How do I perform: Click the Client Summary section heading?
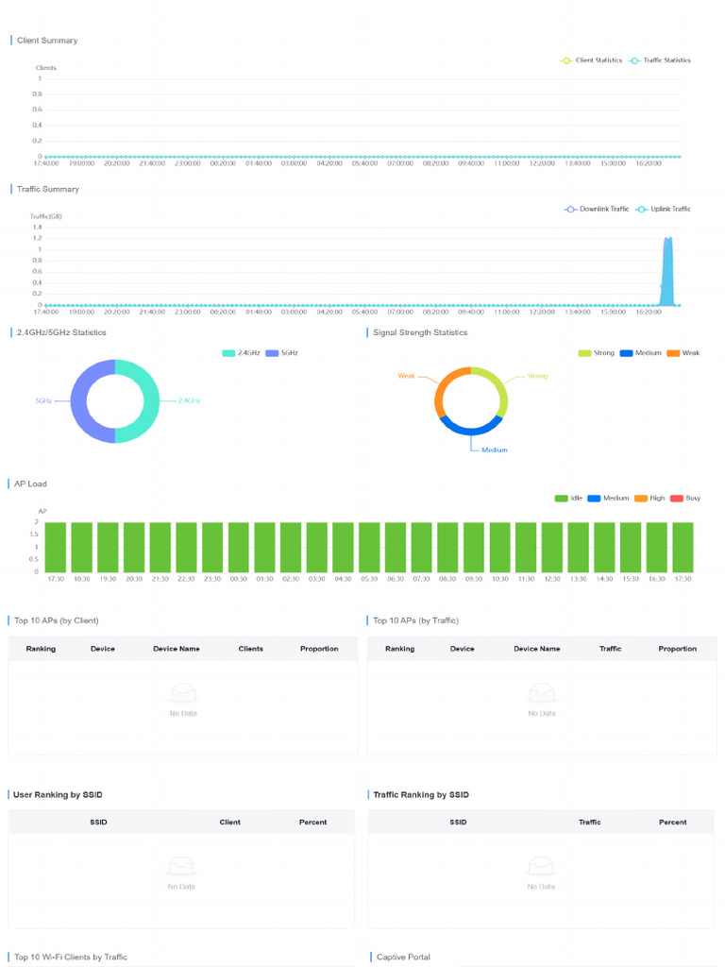[47, 41]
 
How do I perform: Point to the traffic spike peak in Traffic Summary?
[668, 239]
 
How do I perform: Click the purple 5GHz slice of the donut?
[79, 401]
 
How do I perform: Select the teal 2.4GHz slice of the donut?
[150, 401]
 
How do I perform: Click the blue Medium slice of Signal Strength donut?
[470, 429]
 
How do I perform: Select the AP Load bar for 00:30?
[239, 547]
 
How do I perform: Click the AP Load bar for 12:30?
[552, 547]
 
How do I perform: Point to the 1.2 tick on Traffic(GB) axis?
[38, 238]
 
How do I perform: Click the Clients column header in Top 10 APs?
[251, 649]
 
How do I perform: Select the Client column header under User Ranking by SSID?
[230, 823]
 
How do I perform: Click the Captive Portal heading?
[403, 958]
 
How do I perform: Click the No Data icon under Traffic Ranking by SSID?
[541, 867]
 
